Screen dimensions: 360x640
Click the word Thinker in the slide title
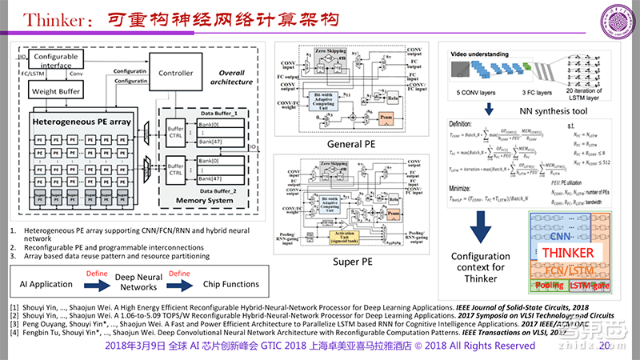pyautogui.click(x=50, y=19)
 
